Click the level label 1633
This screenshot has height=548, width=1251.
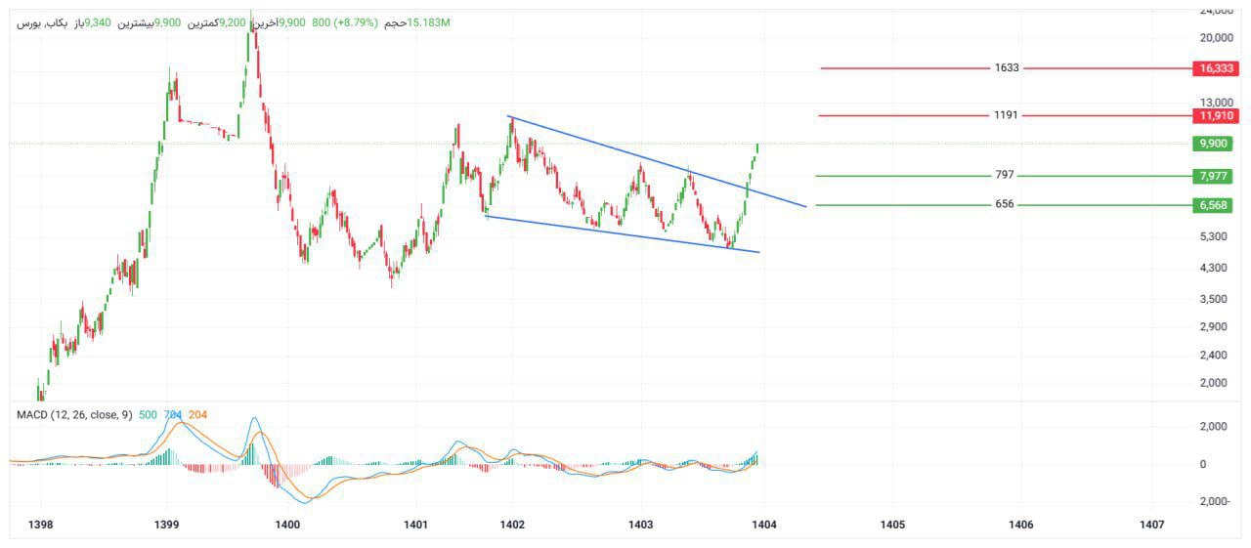[x=1007, y=68]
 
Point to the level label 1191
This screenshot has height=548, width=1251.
[x=1006, y=115]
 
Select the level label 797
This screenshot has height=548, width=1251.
[x=1004, y=176]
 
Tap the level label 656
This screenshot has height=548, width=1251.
[x=1004, y=205]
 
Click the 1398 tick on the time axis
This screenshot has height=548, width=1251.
[x=41, y=525]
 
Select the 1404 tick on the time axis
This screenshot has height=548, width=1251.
[x=763, y=525]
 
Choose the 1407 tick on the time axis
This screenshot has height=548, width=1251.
[x=1151, y=525]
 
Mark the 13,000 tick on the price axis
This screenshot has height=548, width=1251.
[x=1217, y=103]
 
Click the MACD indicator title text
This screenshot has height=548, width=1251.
[x=74, y=415]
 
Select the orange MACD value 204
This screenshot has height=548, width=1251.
[x=196, y=415]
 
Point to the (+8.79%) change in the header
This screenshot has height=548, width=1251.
[x=356, y=21]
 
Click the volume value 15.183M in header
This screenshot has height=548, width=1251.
[x=429, y=21]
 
